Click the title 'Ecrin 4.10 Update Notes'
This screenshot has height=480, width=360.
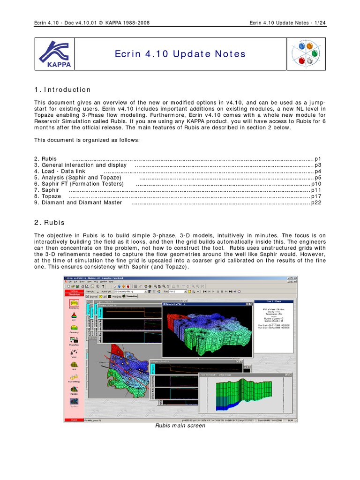[x=180, y=54]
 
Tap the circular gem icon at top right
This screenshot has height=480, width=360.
[x=305, y=54]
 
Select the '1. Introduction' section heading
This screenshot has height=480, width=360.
[x=62, y=90]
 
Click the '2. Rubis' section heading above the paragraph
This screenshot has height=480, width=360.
[x=49, y=223]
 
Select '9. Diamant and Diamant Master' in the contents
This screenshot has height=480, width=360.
[x=78, y=202]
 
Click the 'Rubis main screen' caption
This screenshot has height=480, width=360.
[x=180, y=426]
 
